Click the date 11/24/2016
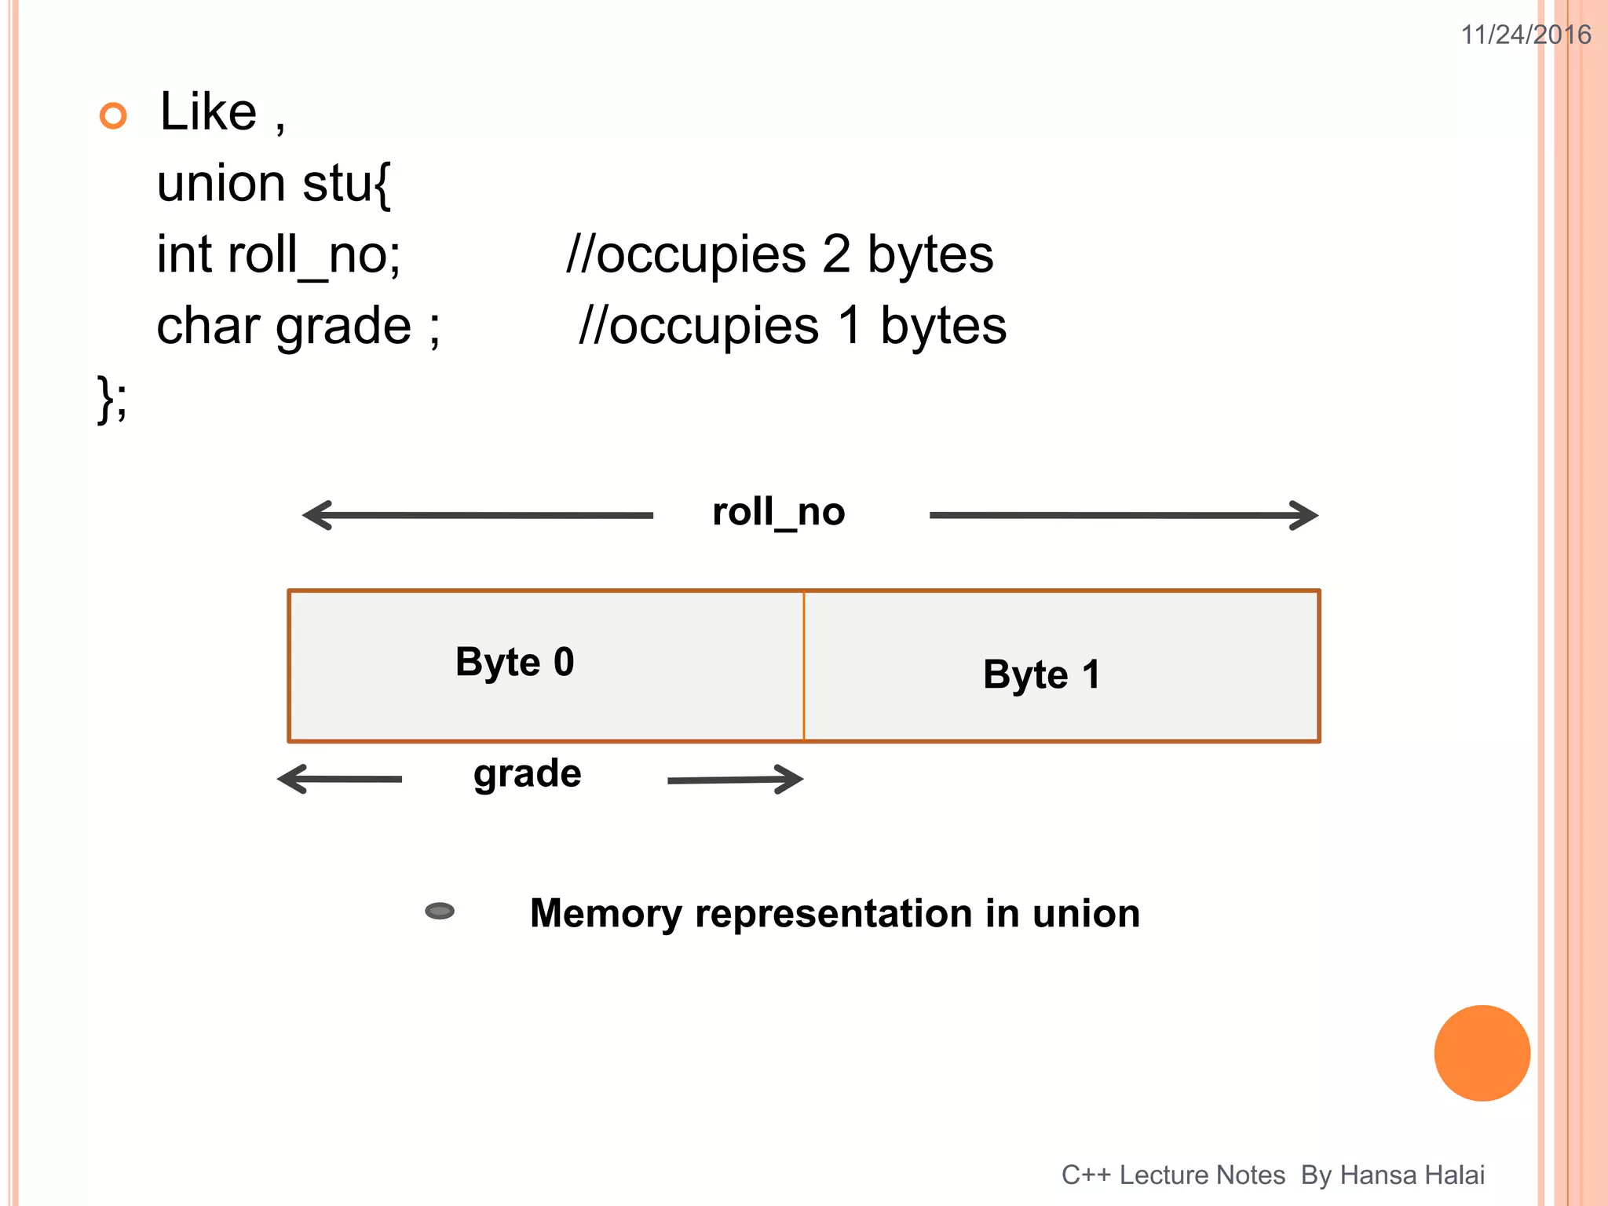point(1525,35)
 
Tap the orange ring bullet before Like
point(113,115)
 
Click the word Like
point(208,111)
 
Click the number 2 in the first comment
point(835,255)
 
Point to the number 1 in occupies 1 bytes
point(850,327)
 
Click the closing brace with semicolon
point(111,399)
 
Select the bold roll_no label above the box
point(777,513)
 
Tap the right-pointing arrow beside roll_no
point(1124,515)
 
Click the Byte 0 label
point(514,663)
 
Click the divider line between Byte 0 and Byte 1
point(803,666)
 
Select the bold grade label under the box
point(527,774)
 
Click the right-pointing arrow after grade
point(735,779)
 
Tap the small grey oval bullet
point(440,911)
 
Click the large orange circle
point(1482,1053)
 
